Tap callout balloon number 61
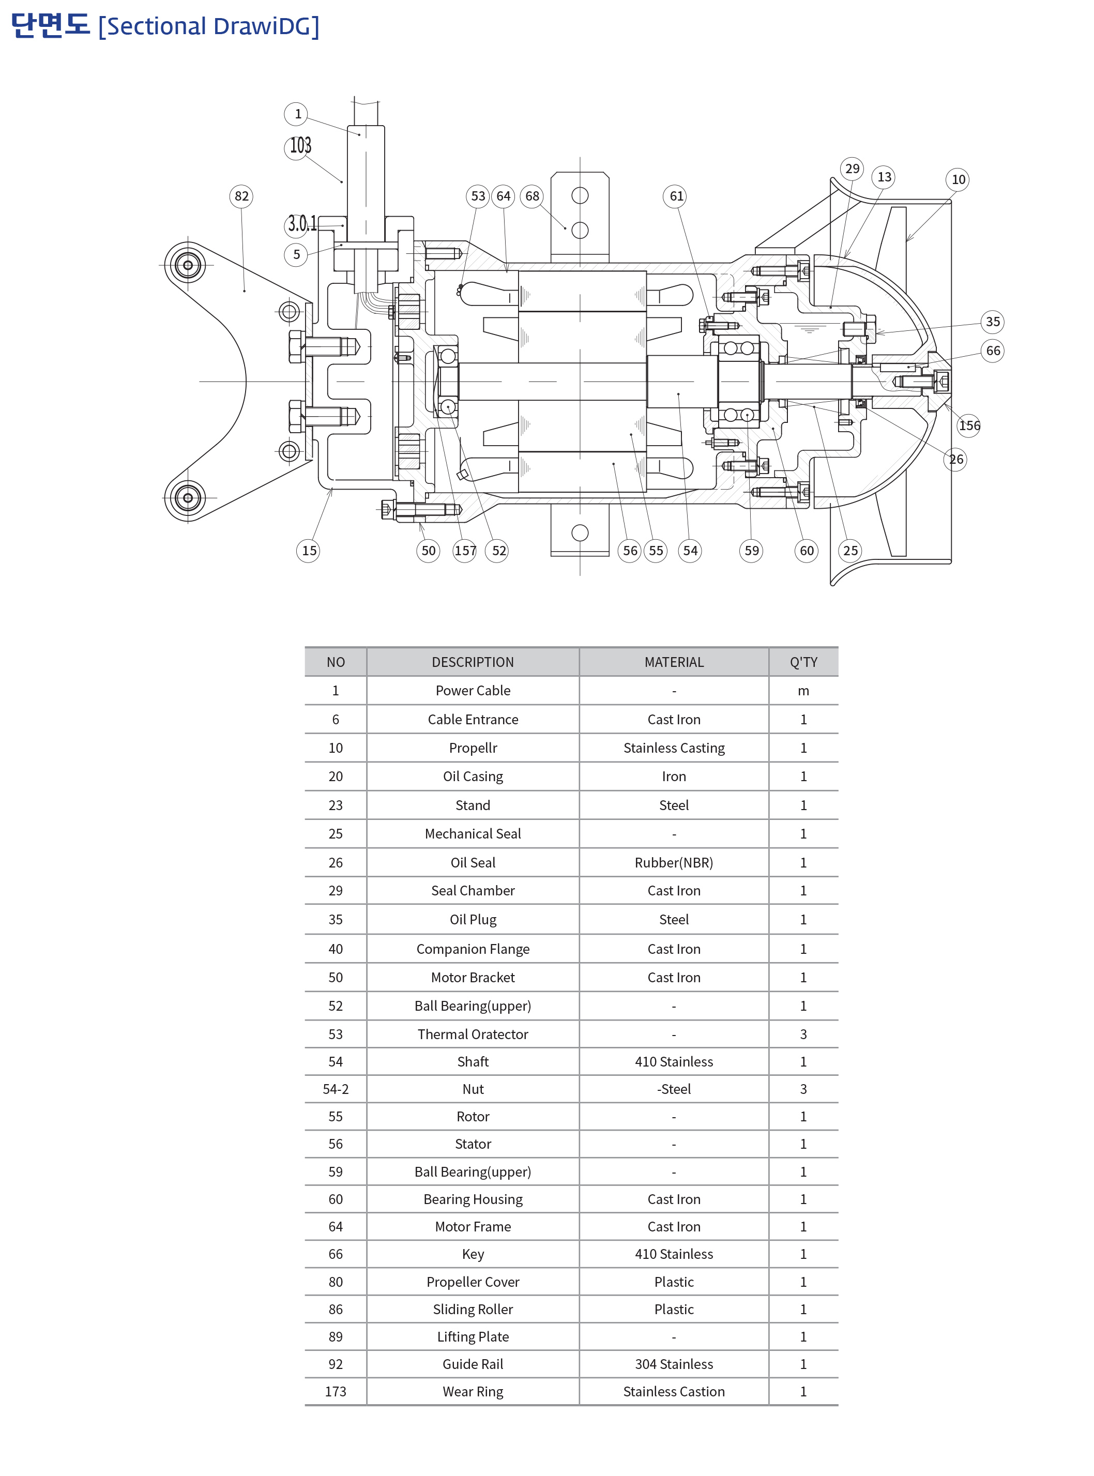coord(675,196)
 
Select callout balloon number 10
coord(958,179)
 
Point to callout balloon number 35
coord(992,322)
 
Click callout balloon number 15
coord(309,550)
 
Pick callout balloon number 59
coord(751,550)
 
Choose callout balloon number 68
coord(532,196)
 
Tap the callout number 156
coord(969,425)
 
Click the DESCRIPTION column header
coord(473,662)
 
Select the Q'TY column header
coord(803,662)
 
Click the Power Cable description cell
coord(473,691)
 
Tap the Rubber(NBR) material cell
coord(674,863)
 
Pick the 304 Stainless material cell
coord(674,1364)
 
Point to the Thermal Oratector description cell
coord(473,1034)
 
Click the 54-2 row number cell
coord(336,1089)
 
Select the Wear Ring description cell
coord(473,1392)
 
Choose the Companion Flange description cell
coord(473,949)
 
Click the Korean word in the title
coord(50,25)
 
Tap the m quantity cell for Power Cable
coord(803,691)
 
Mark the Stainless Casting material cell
coord(674,748)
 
